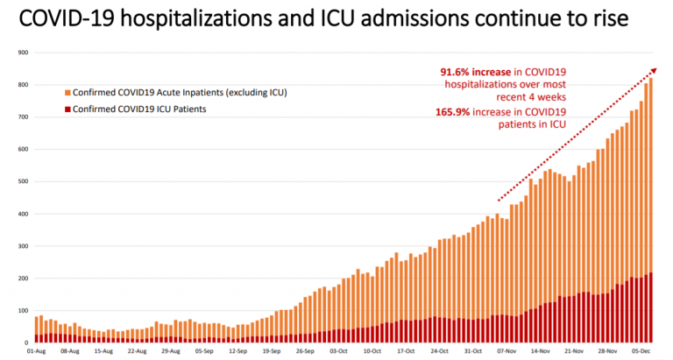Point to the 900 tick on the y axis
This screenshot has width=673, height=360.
click(22, 53)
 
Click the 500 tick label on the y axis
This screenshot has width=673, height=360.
click(22, 181)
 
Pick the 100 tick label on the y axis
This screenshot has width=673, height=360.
click(22, 310)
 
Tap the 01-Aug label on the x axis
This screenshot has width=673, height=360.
click(37, 350)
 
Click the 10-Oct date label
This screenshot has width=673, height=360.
click(372, 350)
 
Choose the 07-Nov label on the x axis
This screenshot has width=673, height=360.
click(506, 350)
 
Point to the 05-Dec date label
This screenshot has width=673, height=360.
click(640, 350)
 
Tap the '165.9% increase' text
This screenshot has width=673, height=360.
click(474, 112)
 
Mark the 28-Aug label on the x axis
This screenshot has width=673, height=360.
click(170, 350)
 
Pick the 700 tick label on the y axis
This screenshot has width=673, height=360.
click(22, 116)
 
